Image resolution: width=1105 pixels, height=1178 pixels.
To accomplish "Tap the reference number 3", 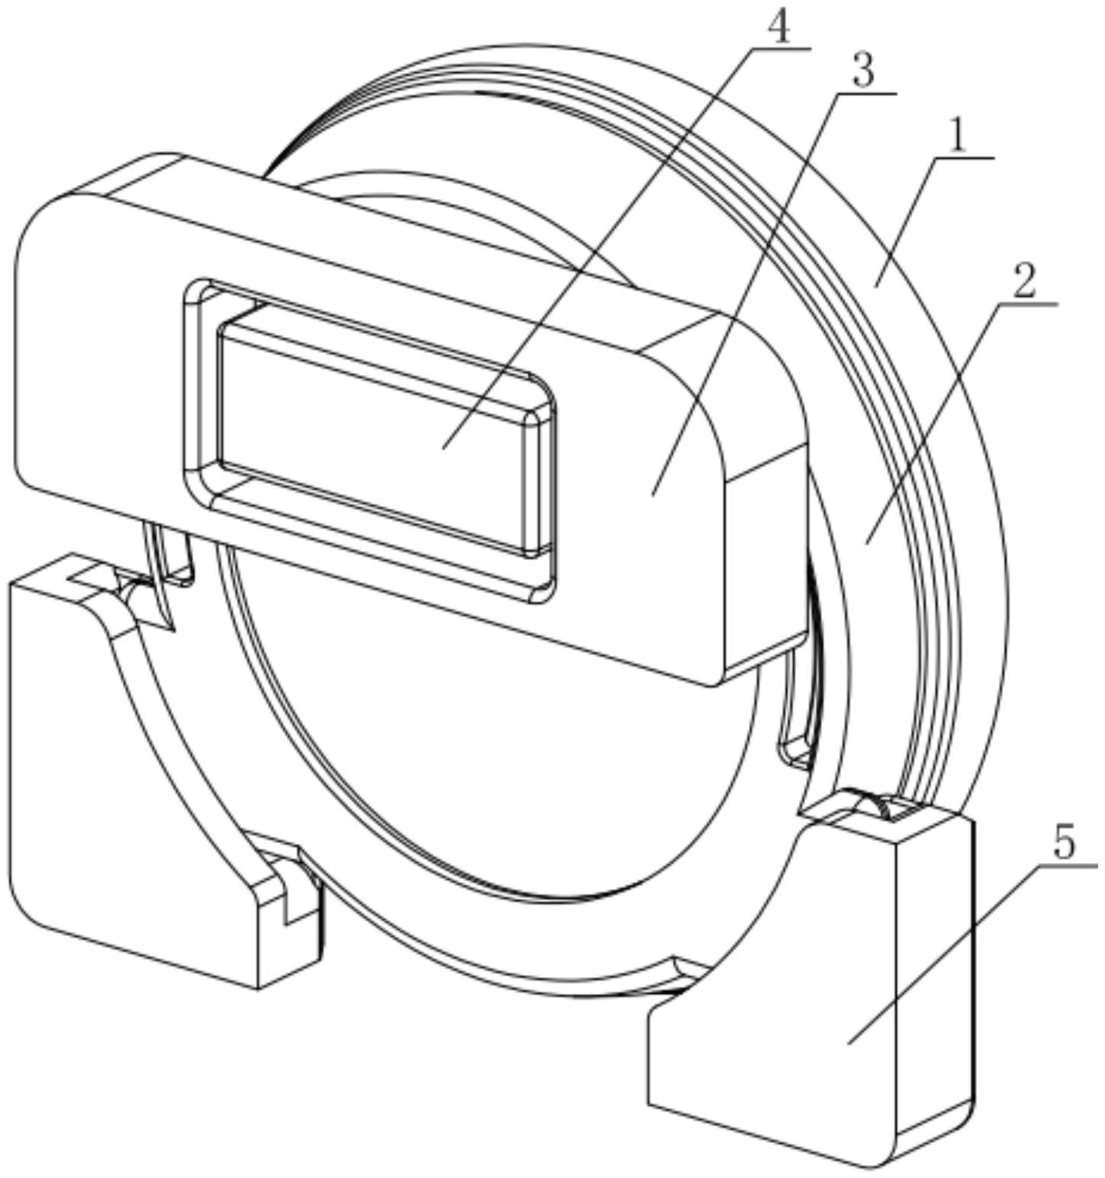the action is (861, 72).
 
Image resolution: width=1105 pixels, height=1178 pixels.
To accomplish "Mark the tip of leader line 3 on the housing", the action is (652, 495).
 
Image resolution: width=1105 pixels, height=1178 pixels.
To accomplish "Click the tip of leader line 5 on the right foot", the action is (849, 1043).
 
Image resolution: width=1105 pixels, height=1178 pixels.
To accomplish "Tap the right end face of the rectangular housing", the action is (765, 556).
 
